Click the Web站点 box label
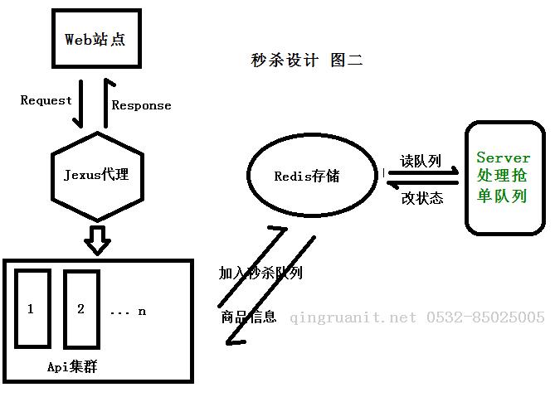[95, 39]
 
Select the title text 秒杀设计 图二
[306, 60]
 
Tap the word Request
[46, 100]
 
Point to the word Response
[141, 105]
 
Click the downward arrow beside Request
[80, 104]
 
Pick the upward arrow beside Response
[106, 103]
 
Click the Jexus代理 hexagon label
[96, 175]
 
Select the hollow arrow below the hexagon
[97, 240]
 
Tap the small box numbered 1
[33, 308]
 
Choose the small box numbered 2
[82, 309]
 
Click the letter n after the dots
[142, 312]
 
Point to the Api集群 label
[72, 367]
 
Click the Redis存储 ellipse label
[307, 176]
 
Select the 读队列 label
[421, 162]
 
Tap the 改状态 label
[422, 198]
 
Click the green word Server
[503, 157]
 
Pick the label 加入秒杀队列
[260, 273]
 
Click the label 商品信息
[249, 317]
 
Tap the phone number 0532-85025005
[485, 317]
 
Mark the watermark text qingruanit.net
[353, 317]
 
